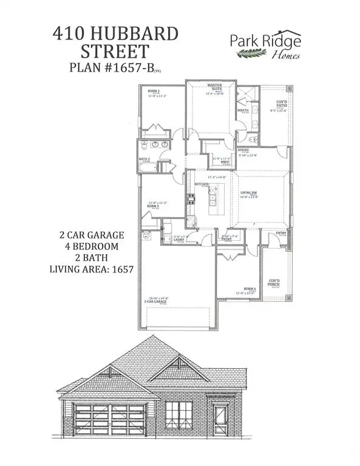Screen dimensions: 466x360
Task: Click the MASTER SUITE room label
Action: coord(214,87)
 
